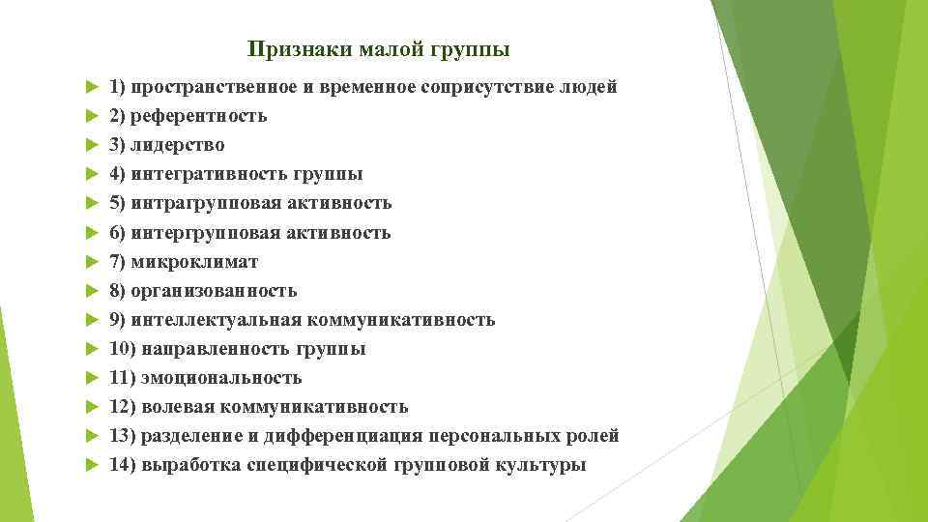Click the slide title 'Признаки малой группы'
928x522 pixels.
(378, 48)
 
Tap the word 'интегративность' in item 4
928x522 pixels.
(204, 175)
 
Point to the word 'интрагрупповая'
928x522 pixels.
(200, 203)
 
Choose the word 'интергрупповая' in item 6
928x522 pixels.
(200, 233)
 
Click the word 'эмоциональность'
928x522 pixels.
(221, 378)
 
